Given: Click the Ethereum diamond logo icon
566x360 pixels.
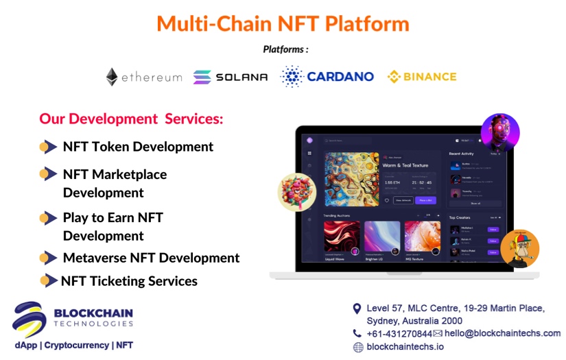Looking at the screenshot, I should (x=112, y=77).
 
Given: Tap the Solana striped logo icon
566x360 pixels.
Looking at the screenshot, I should (x=202, y=77).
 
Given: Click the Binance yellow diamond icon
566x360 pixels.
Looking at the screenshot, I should (x=394, y=77).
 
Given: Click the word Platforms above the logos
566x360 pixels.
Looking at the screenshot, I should (x=285, y=49).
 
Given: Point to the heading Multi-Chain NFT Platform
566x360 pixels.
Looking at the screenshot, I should (x=283, y=23).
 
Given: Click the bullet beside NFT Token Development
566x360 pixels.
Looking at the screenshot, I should (x=48, y=147).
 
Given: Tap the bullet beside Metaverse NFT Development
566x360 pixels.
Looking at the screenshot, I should (x=48, y=258).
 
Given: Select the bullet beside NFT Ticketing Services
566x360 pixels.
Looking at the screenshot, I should (x=48, y=280).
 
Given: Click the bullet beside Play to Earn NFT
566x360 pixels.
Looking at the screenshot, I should (x=48, y=218).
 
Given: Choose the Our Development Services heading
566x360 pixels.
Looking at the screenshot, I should (x=131, y=119).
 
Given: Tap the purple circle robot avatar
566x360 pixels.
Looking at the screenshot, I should (x=499, y=132).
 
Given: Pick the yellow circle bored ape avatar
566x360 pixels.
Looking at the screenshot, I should (x=519, y=248).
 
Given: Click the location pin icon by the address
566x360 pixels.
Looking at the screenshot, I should (x=357, y=309).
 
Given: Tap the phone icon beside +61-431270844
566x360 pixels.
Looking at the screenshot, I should (x=357, y=333).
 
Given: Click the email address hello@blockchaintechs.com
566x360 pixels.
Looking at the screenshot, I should (x=502, y=333).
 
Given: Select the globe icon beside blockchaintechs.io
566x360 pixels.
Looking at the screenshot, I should (x=358, y=347).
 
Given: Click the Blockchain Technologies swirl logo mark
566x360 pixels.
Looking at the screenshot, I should (x=30, y=320).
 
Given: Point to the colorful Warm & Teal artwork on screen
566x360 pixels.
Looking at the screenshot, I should (x=351, y=179).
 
